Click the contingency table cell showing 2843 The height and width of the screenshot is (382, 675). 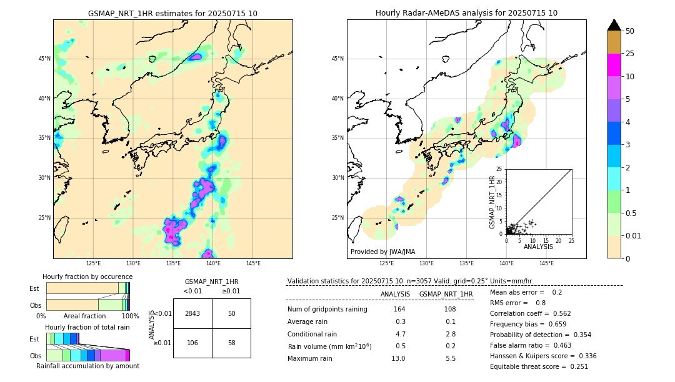click(192, 313)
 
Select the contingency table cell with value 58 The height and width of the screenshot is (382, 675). click(231, 343)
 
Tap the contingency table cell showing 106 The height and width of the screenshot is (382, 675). click(192, 343)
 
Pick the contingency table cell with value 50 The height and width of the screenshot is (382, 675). click(231, 313)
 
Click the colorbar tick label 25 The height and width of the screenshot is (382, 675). click(630, 54)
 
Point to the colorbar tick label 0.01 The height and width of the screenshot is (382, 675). click(634, 235)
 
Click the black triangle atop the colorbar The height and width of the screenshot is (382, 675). click(614, 25)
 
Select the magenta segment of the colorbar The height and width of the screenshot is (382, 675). click(614, 65)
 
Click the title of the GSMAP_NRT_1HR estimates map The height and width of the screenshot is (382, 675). click(172, 14)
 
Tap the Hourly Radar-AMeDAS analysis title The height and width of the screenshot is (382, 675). click(466, 14)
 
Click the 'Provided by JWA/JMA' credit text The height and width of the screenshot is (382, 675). click(382, 252)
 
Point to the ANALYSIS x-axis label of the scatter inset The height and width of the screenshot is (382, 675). click(539, 247)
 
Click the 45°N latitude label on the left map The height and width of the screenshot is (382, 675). click(44, 59)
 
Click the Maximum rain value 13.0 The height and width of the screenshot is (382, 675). click(399, 358)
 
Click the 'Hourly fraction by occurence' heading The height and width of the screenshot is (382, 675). click(87, 277)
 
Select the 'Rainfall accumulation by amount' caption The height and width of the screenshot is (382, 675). click(87, 366)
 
